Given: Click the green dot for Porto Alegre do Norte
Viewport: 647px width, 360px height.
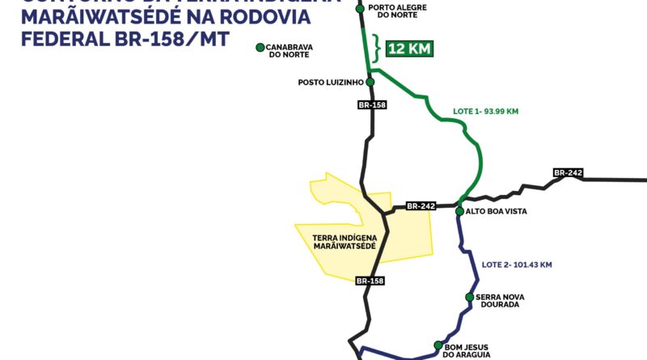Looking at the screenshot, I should tap(361, 9).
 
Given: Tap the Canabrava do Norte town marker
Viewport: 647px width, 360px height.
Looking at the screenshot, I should tap(260, 48).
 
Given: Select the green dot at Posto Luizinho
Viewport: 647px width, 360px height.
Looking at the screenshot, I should tap(370, 82).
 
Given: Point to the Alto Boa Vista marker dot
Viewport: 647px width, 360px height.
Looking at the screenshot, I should tap(460, 211).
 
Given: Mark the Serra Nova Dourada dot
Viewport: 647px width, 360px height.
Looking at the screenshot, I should tap(469, 297).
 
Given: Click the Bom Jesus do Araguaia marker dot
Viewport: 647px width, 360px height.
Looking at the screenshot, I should tap(439, 345).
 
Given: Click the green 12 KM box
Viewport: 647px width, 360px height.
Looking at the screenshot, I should tap(409, 49).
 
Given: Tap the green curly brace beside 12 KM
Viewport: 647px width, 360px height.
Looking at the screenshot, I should tap(376, 49).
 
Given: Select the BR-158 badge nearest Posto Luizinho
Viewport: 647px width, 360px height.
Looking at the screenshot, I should tap(370, 105).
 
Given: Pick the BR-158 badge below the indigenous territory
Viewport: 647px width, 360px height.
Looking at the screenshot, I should tap(370, 281).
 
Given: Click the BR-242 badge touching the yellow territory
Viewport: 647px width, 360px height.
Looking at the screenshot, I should tap(421, 206).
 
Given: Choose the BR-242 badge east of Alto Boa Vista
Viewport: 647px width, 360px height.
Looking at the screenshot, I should tap(569, 172).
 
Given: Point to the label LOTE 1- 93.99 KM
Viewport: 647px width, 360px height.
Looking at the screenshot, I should tap(484, 110).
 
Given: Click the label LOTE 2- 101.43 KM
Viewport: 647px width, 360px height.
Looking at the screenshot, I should tap(517, 265).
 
